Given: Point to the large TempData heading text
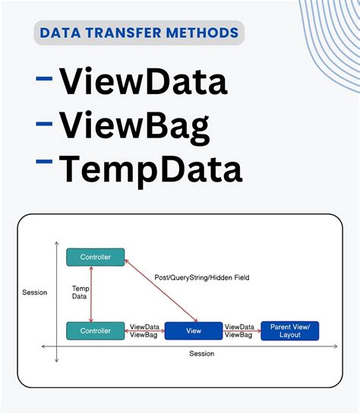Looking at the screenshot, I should point(151,169).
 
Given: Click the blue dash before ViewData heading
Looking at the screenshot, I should point(44,77).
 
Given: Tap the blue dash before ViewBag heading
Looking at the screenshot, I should point(44,120).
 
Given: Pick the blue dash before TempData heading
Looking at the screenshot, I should point(44,162).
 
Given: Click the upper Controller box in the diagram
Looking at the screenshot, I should point(96,258).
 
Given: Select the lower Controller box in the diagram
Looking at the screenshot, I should point(96,330).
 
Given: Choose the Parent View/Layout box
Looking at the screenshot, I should point(290,330).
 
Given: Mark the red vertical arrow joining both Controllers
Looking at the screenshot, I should point(92,294).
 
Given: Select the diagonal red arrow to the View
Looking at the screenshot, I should point(162,291).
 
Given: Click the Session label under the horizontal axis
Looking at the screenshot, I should point(201,353).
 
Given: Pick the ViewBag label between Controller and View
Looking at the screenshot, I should point(144,334).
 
